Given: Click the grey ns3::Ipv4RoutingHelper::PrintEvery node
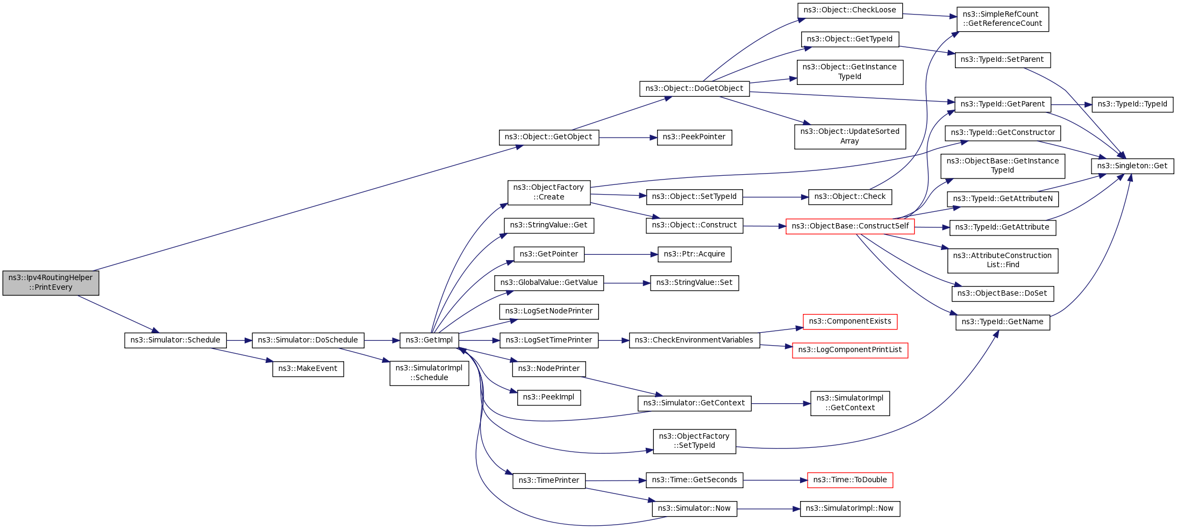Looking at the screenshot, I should click(x=51, y=283).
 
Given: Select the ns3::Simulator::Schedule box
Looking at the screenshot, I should click(x=175, y=340).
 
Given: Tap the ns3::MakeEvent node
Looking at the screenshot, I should click(x=308, y=369).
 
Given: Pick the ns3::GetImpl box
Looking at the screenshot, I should click(x=429, y=340).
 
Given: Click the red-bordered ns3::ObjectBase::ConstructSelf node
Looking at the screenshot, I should click(x=850, y=226).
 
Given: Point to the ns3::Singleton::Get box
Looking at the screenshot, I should click(x=1132, y=166).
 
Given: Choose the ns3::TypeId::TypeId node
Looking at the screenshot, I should click(x=1132, y=104).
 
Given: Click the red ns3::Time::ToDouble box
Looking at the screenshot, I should click(x=850, y=480).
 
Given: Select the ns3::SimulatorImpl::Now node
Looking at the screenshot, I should click(x=850, y=509).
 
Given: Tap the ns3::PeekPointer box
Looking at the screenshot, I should click(x=694, y=137).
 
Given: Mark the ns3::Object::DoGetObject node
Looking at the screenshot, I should click(x=694, y=89).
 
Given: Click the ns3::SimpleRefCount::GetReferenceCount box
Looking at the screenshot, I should click(x=1002, y=19).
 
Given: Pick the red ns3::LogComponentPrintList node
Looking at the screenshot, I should click(x=850, y=350).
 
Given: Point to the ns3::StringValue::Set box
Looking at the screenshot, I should click(x=694, y=283).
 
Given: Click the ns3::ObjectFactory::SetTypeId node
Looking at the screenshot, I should click(x=694, y=441).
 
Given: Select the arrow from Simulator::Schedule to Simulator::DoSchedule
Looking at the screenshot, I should click(x=239, y=340).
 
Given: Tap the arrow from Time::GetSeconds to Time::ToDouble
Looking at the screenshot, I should click(x=775, y=480).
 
